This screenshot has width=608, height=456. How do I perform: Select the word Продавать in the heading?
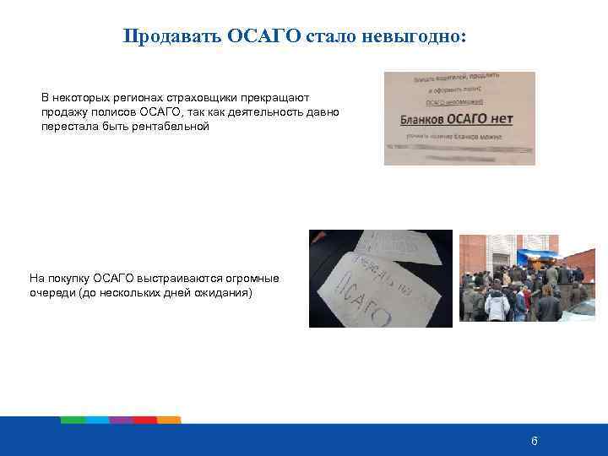[x=172, y=37]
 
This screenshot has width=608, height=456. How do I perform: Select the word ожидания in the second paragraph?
[x=225, y=292]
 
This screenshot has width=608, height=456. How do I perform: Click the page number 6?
[x=534, y=441]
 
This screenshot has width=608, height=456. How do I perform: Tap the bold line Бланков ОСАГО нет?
[x=447, y=118]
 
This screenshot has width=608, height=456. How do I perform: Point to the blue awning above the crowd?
[x=538, y=256]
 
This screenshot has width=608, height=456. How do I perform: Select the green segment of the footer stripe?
[x=73, y=420]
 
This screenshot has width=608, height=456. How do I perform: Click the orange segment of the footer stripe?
[x=169, y=420]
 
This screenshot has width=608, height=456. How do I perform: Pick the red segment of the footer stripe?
[x=144, y=420]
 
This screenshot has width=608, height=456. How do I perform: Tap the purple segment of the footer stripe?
[x=121, y=420]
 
